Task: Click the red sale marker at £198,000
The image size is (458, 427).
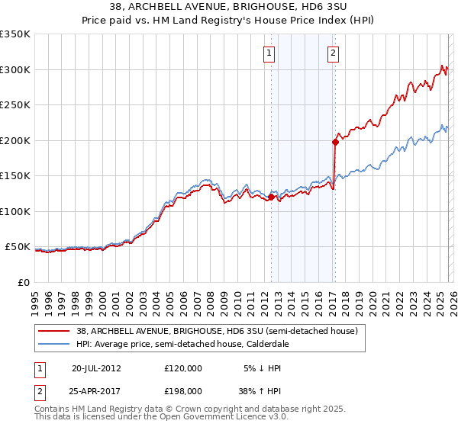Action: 335,141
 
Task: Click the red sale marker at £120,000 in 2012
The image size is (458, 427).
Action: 271,197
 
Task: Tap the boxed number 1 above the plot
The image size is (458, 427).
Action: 270,53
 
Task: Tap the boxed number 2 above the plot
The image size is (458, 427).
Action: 334,53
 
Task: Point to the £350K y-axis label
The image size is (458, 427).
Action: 15,34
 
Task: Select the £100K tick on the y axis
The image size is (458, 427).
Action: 15,211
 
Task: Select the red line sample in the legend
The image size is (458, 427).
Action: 53,331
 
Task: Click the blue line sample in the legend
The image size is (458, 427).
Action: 53,344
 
